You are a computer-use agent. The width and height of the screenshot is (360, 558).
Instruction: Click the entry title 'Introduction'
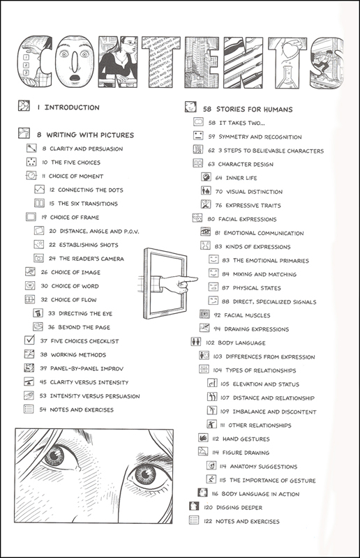point(72,107)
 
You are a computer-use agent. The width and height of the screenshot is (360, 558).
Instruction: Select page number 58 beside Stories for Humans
point(207,110)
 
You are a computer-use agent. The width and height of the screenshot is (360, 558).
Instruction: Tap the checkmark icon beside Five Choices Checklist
point(29,340)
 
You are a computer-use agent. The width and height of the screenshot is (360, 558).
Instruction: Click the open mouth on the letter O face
point(75,77)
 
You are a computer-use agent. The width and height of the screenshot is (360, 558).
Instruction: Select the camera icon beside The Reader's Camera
point(38,258)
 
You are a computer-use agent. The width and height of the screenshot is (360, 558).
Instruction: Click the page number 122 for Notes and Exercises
point(208,521)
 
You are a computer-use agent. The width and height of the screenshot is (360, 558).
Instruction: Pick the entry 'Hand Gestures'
point(246,439)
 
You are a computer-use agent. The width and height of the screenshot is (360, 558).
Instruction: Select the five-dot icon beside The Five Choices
point(31,162)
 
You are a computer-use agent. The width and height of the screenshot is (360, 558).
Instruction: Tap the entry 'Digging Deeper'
point(239,508)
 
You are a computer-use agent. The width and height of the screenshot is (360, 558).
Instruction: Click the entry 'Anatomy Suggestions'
point(264,467)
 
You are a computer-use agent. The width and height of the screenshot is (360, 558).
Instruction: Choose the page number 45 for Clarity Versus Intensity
point(43,382)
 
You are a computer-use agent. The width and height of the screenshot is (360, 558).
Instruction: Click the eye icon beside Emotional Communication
point(205,232)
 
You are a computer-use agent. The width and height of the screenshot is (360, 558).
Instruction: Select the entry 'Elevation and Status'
point(266,384)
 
